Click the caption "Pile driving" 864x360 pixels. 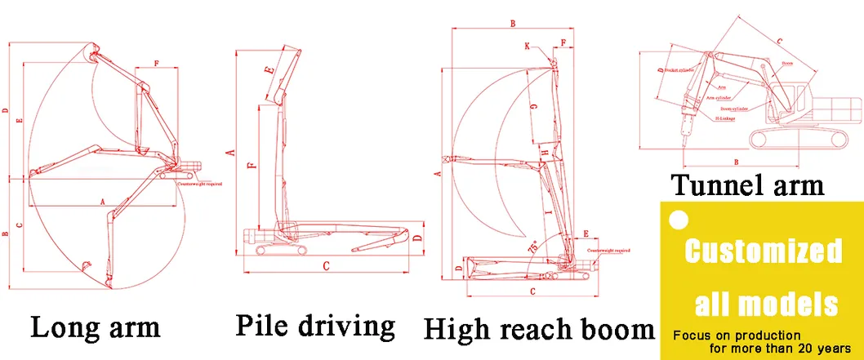[315, 325]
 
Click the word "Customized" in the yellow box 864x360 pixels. [763, 251]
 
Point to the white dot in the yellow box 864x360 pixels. [676, 219]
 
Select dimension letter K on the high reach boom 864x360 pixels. [528, 47]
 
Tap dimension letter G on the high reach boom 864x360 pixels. [532, 106]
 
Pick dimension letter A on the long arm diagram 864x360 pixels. [102, 200]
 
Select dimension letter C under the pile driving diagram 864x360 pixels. [326, 265]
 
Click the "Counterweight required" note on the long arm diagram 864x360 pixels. [200, 184]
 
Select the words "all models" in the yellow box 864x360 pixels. [766, 304]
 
